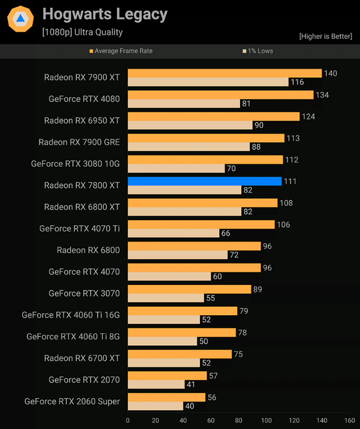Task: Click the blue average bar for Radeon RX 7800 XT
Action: tap(204, 181)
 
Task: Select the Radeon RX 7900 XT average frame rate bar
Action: tap(224, 73)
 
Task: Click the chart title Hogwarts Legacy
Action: tap(105, 14)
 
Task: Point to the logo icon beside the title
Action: tap(20, 19)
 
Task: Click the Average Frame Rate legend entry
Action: tap(121, 51)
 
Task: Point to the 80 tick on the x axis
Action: tap(238, 420)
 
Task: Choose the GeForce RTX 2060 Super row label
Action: tap(72, 401)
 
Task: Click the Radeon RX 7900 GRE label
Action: tap(79, 142)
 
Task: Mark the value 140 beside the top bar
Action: tap(330, 73)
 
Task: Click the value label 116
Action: tap(297, 82)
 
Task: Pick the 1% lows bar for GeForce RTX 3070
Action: tap(165, 298)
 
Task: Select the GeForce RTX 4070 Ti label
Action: tap(79, 229)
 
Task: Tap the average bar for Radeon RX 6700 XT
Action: tap(179, 354)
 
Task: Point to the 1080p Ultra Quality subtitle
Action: tap(82, 32)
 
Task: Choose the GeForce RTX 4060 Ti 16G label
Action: tap(71, 315)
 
